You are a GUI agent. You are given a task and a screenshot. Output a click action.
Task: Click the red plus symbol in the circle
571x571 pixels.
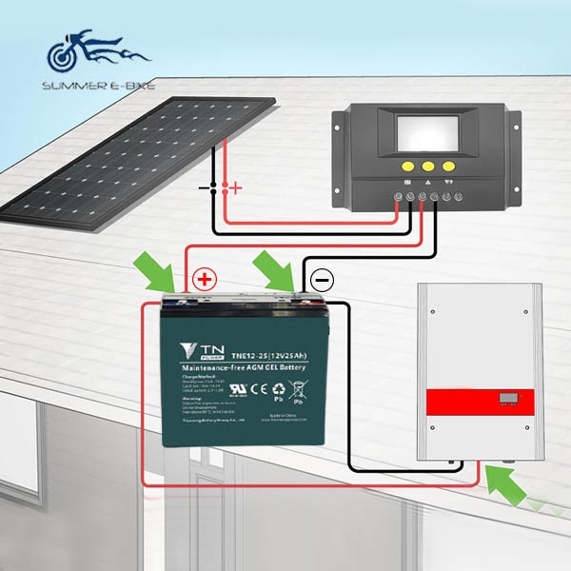[x=204, y=280]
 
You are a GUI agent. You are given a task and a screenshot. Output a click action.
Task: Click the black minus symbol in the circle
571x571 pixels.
[x=322, y=280]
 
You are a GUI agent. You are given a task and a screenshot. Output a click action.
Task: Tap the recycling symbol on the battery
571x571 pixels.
[x=278, y=388]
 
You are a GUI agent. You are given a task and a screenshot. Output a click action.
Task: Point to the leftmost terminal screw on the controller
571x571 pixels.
[x=399, y=199]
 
